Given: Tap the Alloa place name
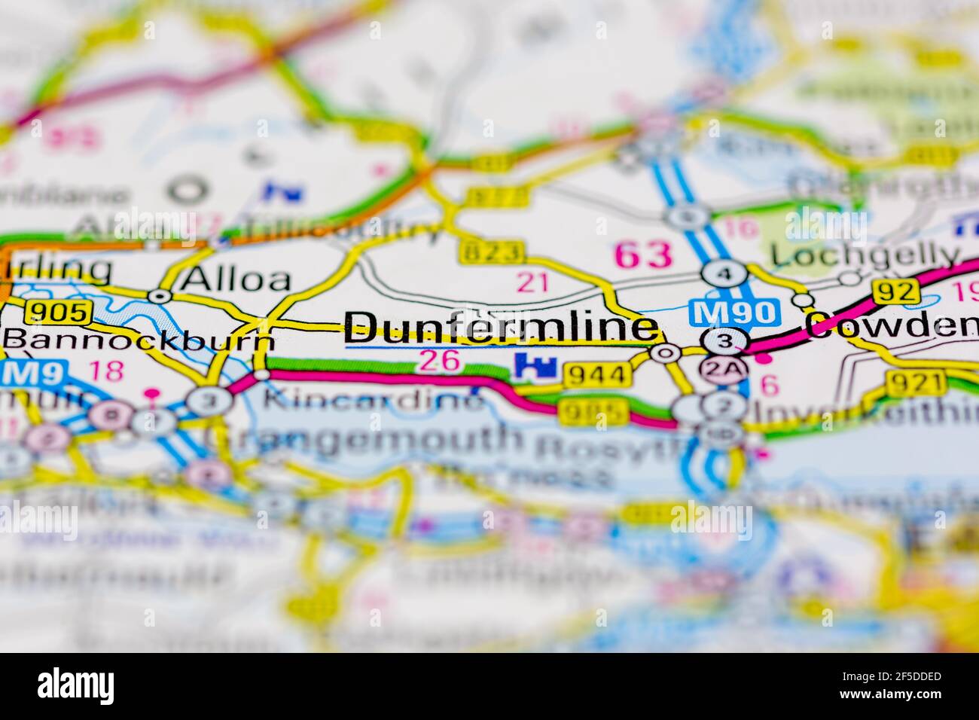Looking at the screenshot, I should [226, 279].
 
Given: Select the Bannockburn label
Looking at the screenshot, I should [139, 340].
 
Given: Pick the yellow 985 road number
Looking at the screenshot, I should [592, 411].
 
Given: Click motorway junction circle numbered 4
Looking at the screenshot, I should [724, 273].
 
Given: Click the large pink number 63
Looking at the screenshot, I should [643, 255].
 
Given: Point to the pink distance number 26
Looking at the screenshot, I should [439, 361].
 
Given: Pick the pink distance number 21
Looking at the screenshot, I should [533, 282].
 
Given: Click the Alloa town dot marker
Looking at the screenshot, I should [159, 296].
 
